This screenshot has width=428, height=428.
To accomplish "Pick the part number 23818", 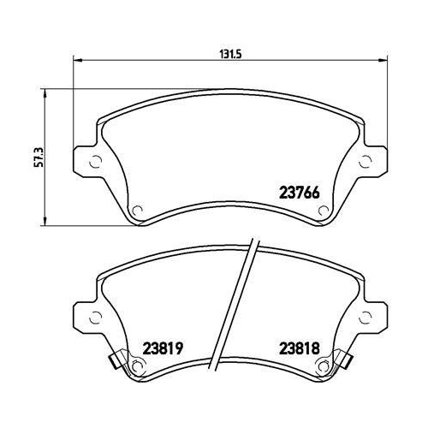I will click(296, 348).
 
